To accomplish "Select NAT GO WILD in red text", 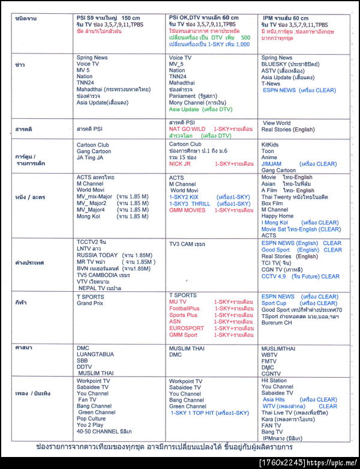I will click(x=187, y=129).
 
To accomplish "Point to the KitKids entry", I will click(x=271, y=145).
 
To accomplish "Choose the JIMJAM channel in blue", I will click(x=273, y=164).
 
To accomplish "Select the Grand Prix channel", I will click(x=89, y=303).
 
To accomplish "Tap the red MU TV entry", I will click(x=178, y=302).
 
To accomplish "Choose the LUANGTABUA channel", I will click(x=95, y=354).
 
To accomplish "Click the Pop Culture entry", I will click(x=92, y=419).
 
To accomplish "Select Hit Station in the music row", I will click(x=274, y=380).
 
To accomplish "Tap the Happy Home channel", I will click(x=278, y=216).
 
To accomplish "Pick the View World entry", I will click(x=277, y=123).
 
